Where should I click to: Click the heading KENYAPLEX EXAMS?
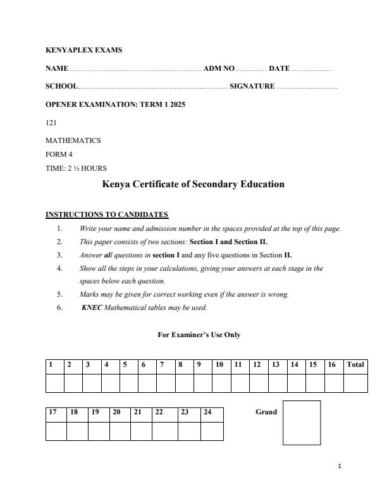84,49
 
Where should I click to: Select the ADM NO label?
218,68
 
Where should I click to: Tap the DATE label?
279,68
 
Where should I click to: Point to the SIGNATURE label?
252,87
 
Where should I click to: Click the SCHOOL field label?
61,87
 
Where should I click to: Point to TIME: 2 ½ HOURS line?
76,168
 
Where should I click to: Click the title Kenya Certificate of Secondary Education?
193,185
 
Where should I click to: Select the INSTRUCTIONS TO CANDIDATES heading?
107,214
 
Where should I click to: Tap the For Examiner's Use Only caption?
199,335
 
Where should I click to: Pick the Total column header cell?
355,365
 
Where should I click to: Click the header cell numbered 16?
333,365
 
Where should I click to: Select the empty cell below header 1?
54,383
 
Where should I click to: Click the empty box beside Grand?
301,423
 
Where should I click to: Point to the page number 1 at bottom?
340,467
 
